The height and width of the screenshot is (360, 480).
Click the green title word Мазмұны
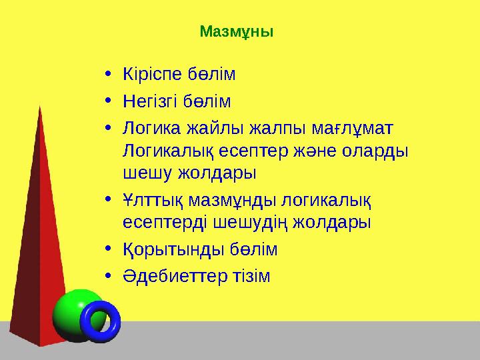tap(237, 31)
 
